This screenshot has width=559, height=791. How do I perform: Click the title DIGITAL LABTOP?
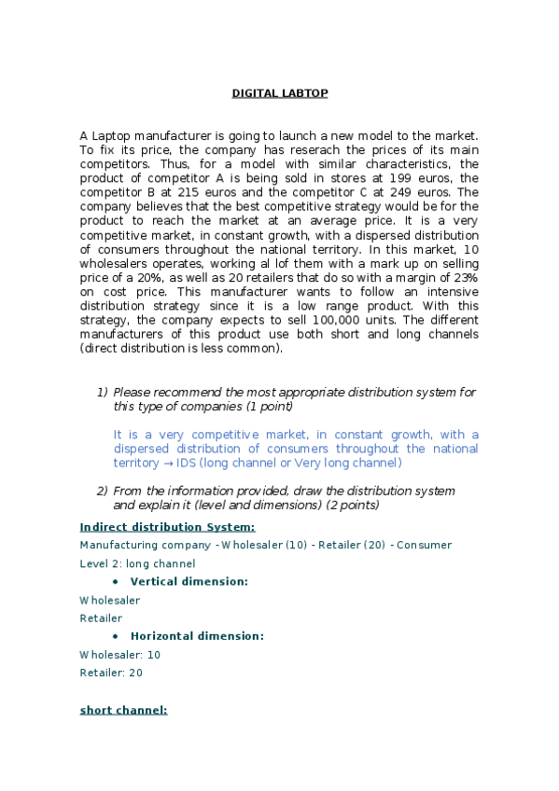click(279, 93)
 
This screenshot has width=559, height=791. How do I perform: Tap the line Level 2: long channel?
click(137, 563)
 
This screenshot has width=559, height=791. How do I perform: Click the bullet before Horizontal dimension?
click(113, 636)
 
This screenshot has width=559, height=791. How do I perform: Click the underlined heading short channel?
click(123, 710)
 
